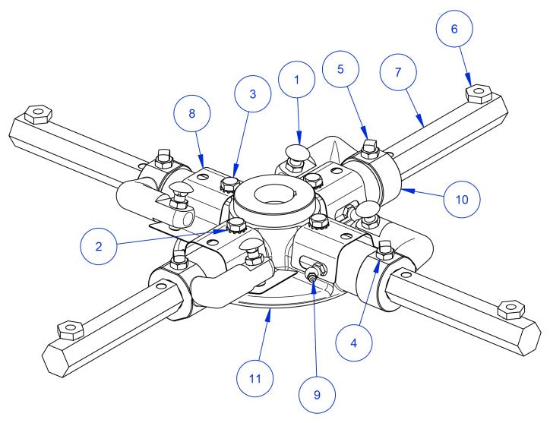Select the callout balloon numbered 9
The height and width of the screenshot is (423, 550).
click(318, 394)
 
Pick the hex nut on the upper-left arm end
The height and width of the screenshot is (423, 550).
click(36, 115)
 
